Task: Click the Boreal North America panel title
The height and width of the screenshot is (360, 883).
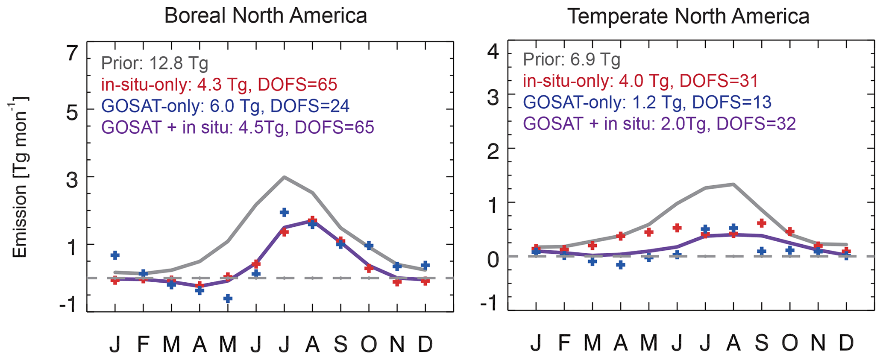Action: coord(265,16)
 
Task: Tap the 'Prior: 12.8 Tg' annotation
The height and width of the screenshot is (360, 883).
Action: coord(155,63)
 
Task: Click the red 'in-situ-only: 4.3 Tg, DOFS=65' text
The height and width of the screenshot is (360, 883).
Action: coord(219,85)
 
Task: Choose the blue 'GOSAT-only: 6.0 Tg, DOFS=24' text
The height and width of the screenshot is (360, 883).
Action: coord(226,106)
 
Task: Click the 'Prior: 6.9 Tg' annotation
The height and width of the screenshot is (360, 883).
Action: coord(571,59)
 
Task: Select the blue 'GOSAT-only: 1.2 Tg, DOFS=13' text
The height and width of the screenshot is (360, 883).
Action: coord(647,102)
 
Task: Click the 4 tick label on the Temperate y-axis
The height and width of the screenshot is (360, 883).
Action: coord(493,52)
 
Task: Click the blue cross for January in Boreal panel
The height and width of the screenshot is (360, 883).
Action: coord(115,255)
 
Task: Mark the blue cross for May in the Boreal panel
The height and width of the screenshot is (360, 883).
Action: coord(228,298)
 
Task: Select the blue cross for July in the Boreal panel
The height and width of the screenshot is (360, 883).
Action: coord(284,212)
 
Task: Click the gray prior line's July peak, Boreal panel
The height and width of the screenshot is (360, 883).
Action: coord(284,177)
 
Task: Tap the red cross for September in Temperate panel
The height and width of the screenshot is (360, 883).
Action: coord(761,223)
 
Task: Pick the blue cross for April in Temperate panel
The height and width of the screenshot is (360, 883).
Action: coord(621,265)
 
